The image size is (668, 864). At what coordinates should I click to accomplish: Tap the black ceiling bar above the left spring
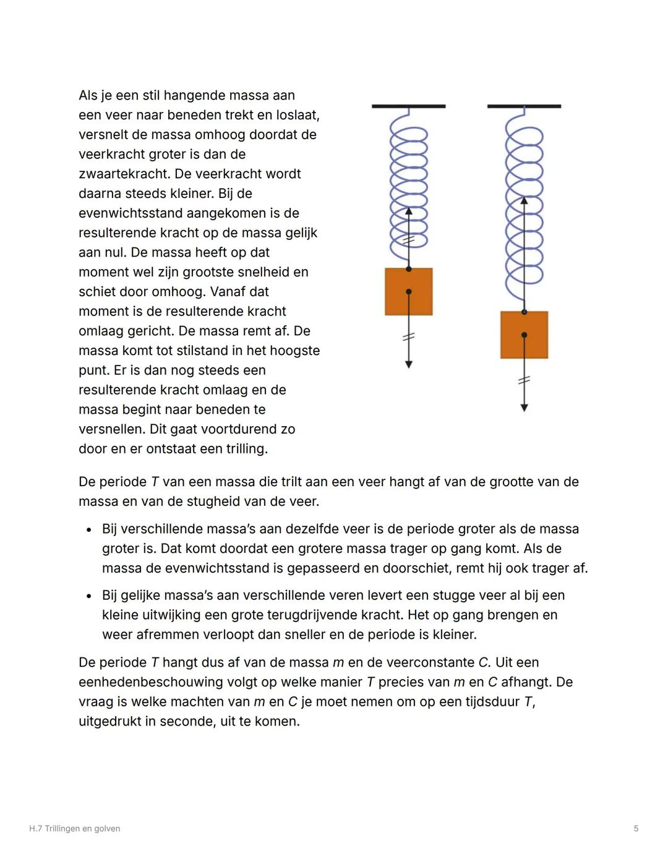408,106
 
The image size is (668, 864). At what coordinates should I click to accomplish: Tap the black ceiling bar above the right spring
524,106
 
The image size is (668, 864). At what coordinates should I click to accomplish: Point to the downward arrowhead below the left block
408,365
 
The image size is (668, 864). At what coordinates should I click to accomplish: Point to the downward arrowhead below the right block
524,408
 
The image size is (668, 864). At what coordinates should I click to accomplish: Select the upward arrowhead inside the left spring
408,211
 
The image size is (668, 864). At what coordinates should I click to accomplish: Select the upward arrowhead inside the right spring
524,200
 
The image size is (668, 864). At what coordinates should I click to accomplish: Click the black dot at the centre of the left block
408,291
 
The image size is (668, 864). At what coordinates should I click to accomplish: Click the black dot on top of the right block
524,312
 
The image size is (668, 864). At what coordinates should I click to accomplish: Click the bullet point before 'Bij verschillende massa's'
89,530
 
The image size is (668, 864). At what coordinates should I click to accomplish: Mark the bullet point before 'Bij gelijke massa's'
89,596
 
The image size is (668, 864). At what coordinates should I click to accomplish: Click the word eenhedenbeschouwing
166,682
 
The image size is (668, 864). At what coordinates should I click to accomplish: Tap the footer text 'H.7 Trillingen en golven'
75,829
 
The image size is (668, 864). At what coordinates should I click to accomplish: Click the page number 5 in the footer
636,829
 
